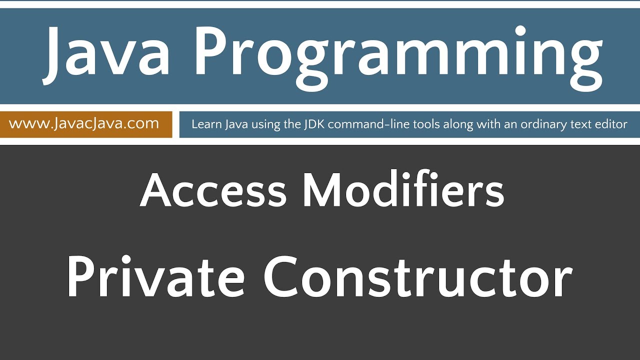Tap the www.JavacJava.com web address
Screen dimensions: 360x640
pos(84,123)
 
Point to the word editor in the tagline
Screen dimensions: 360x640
pos(612,124)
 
